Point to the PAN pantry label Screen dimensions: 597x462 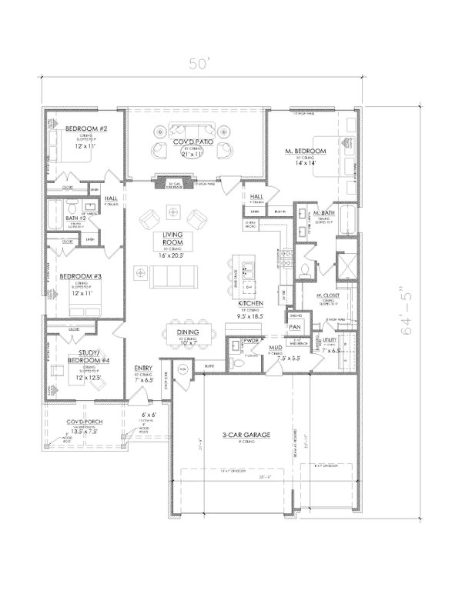(x=294, y=327)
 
